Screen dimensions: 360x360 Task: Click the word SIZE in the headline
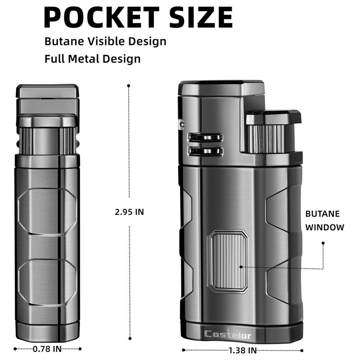tap(201, 18)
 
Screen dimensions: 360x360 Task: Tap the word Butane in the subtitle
tap(64, 41)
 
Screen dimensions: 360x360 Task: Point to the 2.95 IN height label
tap(129, 212)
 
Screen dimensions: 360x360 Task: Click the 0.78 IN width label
tap(47, 349)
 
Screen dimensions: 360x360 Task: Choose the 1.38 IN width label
tap(243, 351)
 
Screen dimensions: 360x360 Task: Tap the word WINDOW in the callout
tap(324, 227)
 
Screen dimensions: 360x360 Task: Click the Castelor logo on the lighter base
tap(228, 334)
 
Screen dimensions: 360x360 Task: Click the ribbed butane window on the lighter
tap(228, 261)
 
